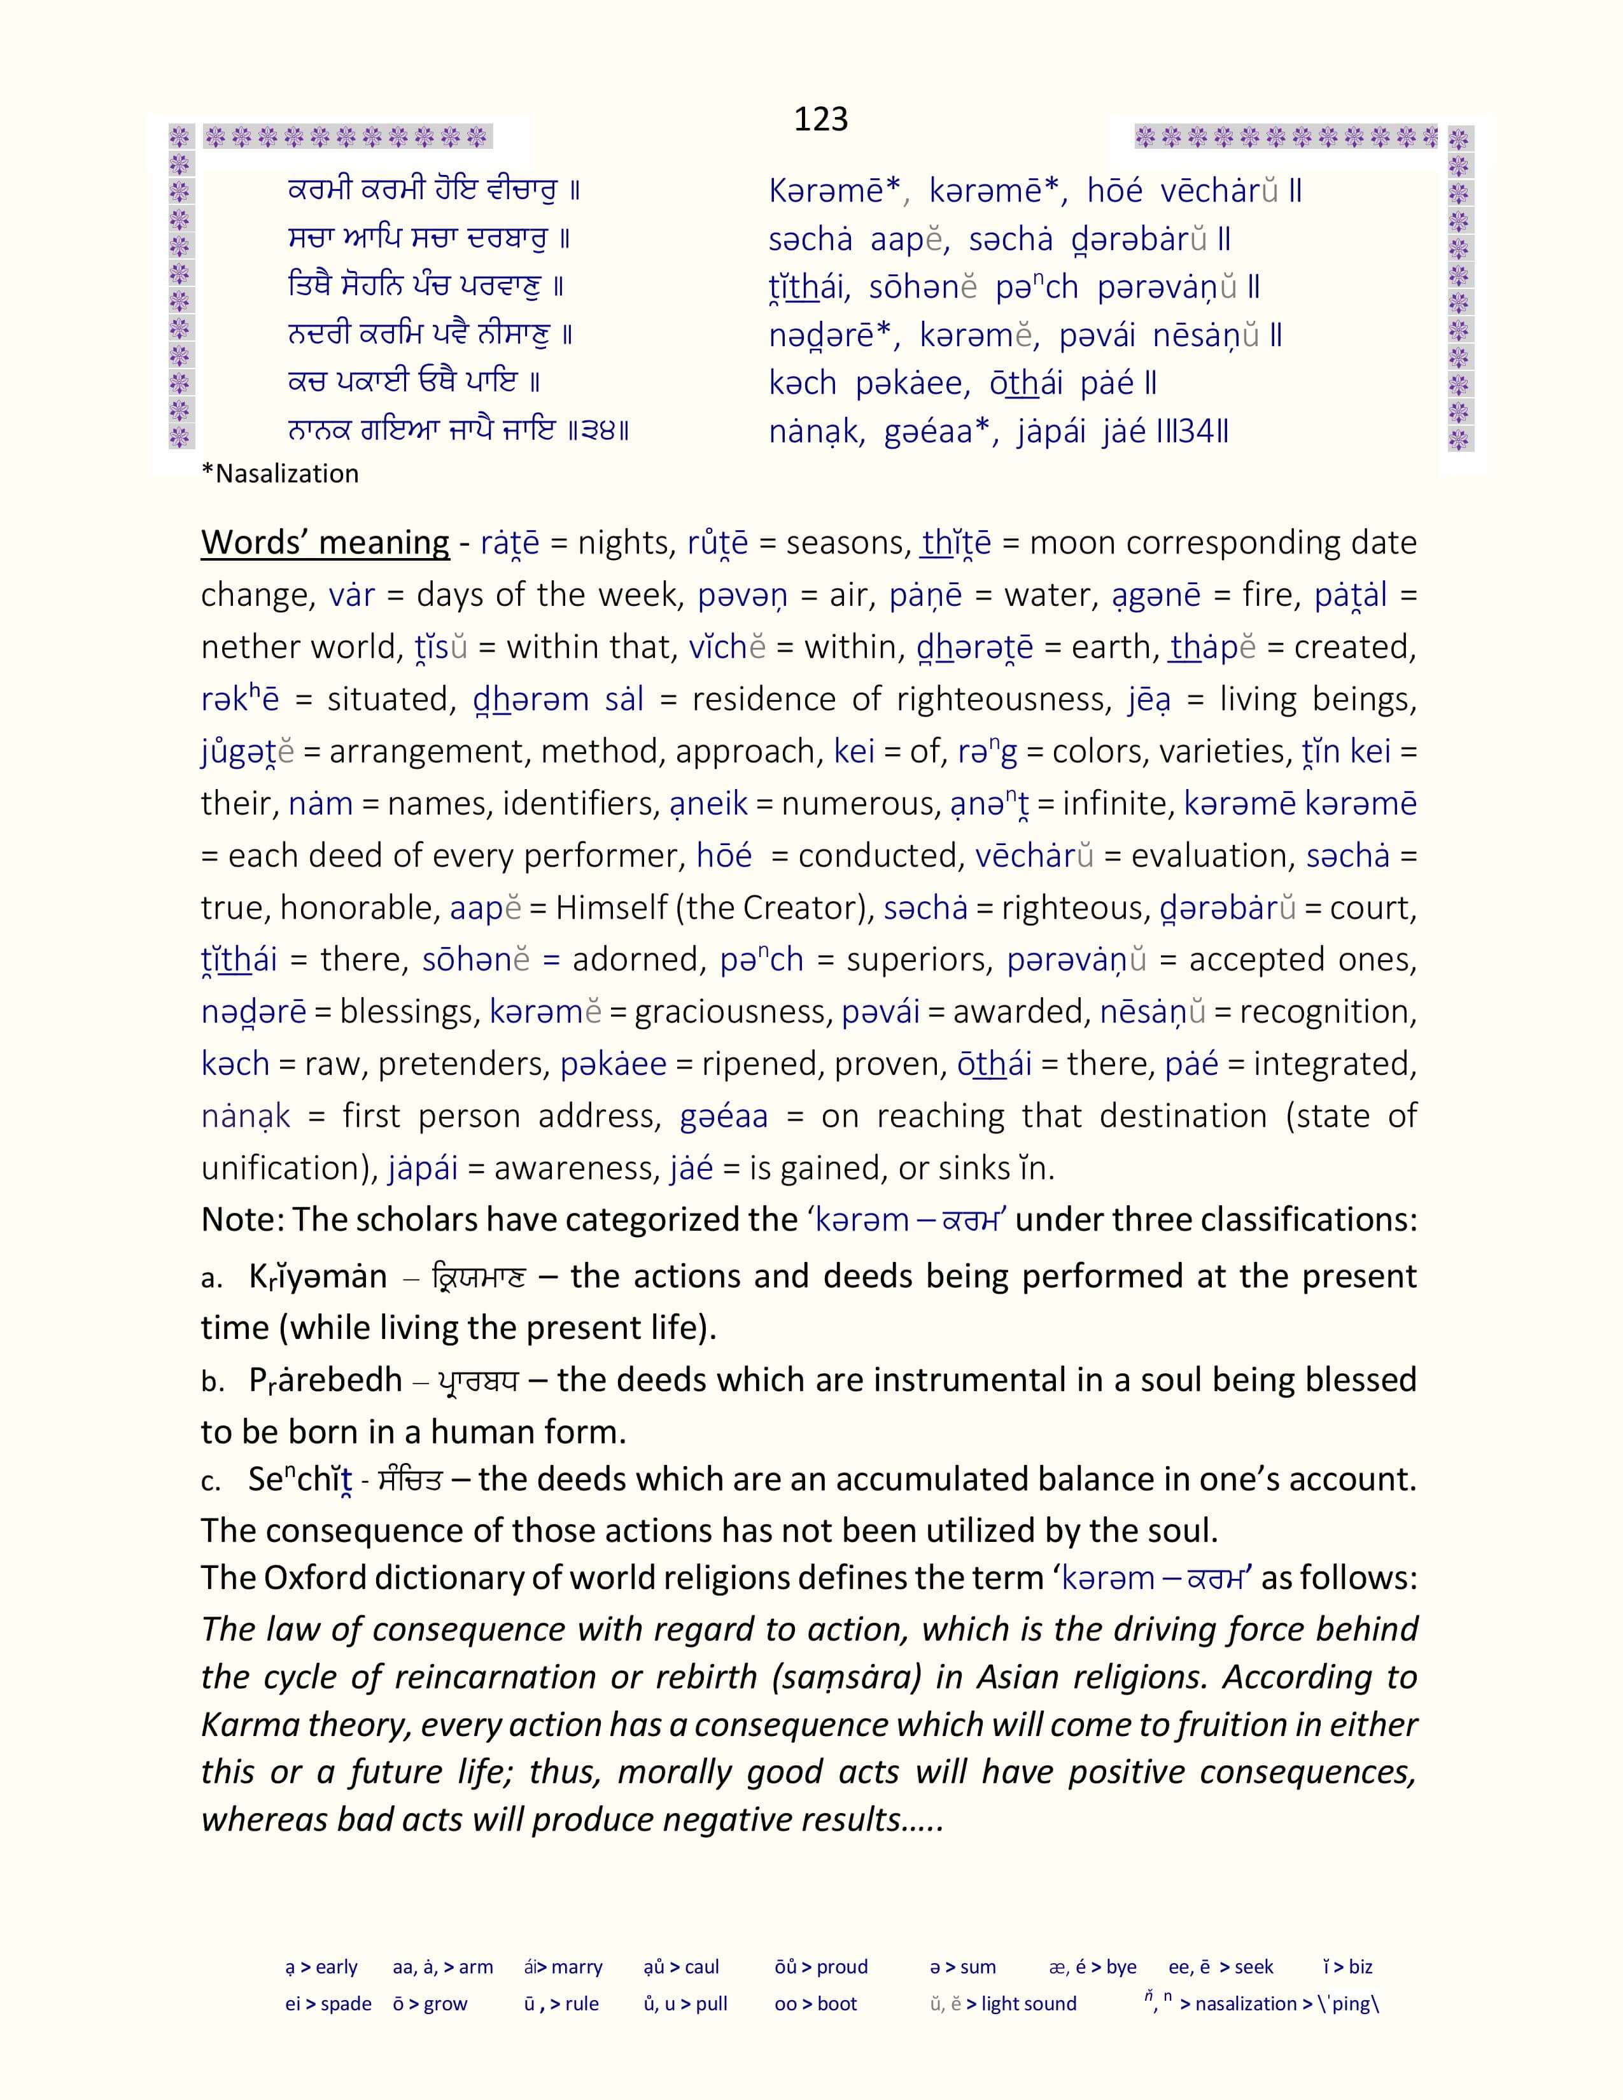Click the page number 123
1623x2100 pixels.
pos(820,119)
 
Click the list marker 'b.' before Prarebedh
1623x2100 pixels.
pos(213,1382)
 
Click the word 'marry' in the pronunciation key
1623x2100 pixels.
pos(577,1967)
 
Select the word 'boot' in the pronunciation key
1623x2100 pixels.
pos(836,2004)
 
